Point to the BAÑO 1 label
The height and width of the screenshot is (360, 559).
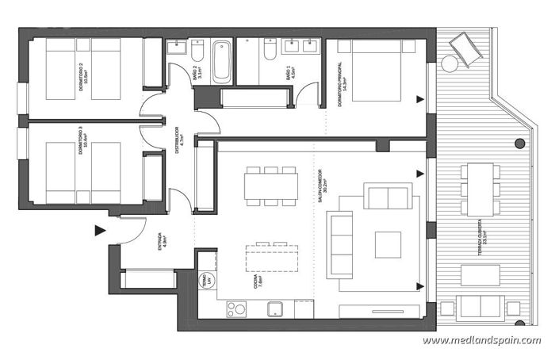pos(293,75)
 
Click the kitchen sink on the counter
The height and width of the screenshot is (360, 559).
pos(274,308)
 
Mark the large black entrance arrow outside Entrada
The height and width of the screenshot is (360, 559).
pos(100,231)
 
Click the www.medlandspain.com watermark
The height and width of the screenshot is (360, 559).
pos(481,341)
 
